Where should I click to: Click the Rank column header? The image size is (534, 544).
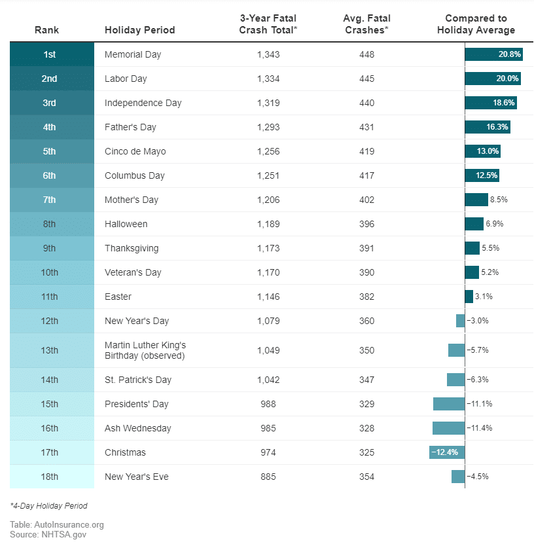[47, 30]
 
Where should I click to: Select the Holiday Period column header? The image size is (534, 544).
[139, 30]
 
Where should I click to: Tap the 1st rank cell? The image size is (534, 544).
[49, 54]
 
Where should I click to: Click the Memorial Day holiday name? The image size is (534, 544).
[133, 54]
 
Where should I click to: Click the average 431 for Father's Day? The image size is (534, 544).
[366, 127]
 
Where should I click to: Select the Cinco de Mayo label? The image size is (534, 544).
[135, 151]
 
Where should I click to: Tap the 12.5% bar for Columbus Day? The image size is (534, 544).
[483, 175]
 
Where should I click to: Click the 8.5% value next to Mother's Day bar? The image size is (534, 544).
[499, 200]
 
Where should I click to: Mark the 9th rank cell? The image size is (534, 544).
[49, 248]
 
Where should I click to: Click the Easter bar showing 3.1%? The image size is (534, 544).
[469, 297]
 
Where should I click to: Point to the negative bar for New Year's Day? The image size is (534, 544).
[461, 321]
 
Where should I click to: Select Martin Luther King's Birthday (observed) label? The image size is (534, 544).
[145, 350]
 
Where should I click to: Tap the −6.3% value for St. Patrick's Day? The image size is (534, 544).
[478, 380]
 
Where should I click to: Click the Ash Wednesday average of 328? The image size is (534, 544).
[366, 428]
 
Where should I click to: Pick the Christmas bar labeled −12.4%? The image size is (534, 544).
[447, 452]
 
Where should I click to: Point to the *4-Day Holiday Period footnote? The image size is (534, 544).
[48, 506]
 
